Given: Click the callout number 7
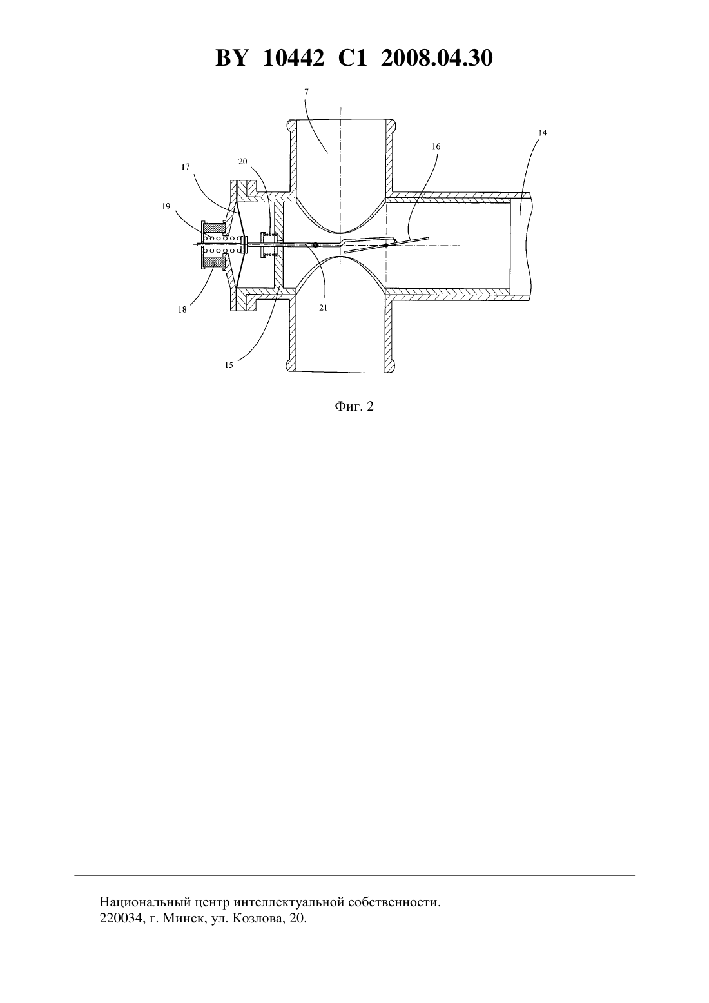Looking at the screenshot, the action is click(306, 92).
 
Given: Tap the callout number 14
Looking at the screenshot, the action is click(543, 133).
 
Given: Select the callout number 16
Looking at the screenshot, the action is click(436, 146).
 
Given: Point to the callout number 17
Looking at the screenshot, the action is click(186, 166).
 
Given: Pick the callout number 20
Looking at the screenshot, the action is click(242, 162).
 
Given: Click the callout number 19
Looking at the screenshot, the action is click(166, 206).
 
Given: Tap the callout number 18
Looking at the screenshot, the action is click(182, 309).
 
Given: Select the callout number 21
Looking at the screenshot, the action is click(323, 308).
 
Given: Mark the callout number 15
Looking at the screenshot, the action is click(229, 365).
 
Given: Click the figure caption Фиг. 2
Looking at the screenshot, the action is click(354, 406).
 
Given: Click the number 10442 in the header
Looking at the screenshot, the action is click(294, 58).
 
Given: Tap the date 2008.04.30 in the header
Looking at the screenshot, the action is click(437, 58).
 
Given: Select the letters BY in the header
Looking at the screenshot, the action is click(231, 58).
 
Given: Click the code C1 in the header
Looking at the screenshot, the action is click(353, 58).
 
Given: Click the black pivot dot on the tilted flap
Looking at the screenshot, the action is click(386, 246).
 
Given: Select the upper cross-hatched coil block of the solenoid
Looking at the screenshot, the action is click(213, 228).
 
